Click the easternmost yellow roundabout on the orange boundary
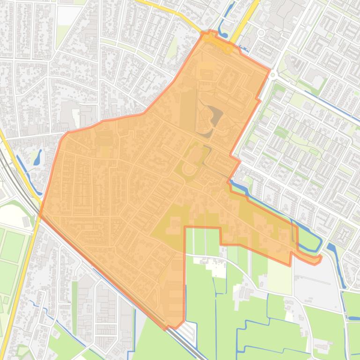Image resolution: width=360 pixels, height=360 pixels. point(228,48)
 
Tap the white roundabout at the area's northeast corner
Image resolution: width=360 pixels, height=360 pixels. point(273,74)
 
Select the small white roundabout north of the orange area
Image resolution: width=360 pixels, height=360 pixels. point(261,33)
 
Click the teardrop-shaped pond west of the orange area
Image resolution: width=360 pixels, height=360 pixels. point(37,158)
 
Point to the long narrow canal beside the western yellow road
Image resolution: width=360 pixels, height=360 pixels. point(23,168)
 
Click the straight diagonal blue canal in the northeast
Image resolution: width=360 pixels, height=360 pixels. point(328,112)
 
